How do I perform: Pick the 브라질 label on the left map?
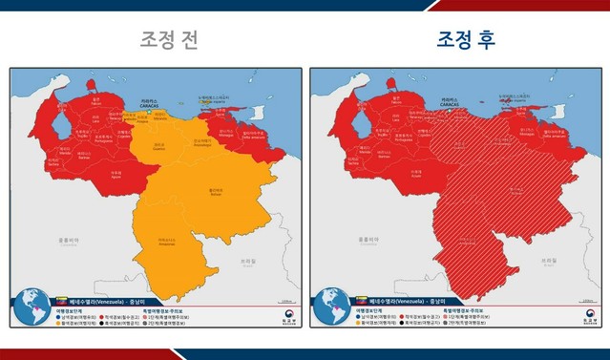[x=249, y=259]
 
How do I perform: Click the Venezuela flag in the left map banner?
[x=64, y=300]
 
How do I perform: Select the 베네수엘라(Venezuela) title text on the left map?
[x=103, y=300]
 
